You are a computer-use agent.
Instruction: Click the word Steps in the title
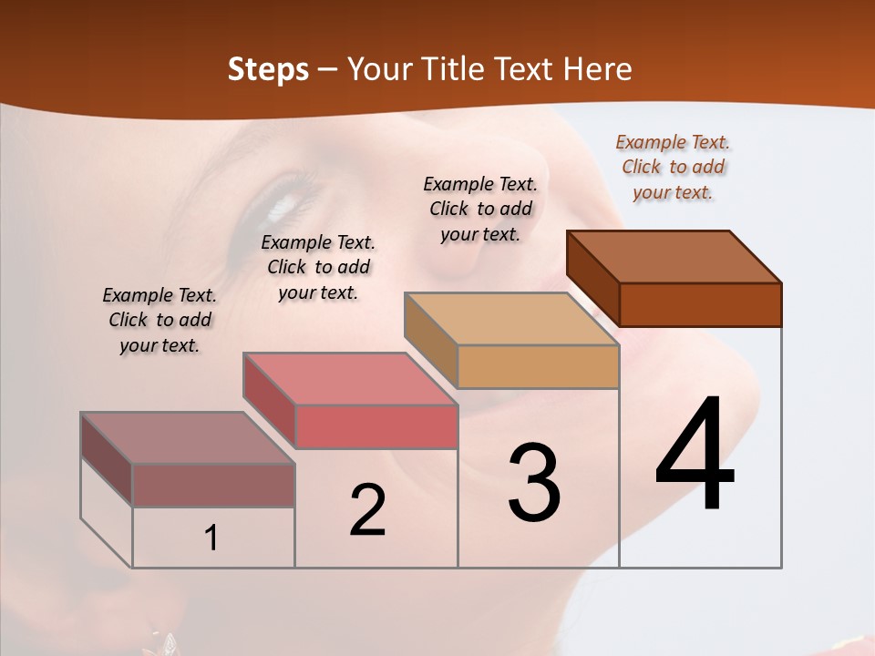click(268, 69)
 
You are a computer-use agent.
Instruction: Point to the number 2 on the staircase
click(368, 509)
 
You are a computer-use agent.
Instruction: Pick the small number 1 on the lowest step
click(211, 538)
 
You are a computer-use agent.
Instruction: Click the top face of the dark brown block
click(674, 257)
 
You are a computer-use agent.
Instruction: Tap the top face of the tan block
click(511, 319)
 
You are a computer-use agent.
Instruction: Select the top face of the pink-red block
click(350, 379)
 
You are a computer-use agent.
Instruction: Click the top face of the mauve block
click(188, 438)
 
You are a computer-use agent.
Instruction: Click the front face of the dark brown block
click(700, 304)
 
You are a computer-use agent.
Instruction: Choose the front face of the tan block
click(538, 366)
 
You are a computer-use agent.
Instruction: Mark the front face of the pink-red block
click(376, 426)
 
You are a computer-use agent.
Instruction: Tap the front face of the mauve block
click(213, 485)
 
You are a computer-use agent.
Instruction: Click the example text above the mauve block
click(160, 321)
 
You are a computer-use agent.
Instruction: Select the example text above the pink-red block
click(318, 268)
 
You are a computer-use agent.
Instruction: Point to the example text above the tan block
click(480, 209)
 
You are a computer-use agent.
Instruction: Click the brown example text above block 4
click(673, 167)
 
